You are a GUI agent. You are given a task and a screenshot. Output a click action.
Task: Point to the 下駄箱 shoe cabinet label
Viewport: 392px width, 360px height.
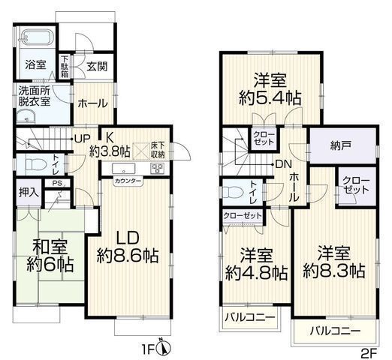[65, 67]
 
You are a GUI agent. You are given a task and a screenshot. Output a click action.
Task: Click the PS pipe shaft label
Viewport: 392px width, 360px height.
[57, 183]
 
